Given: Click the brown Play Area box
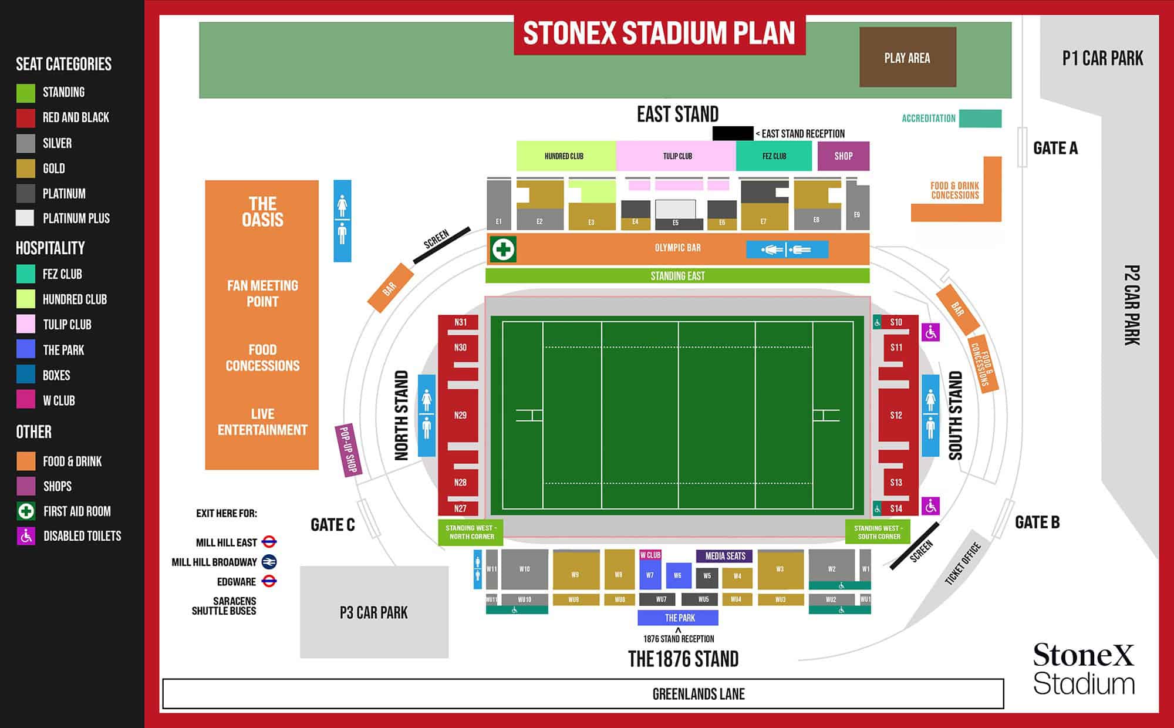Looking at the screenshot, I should (x=908, y=58).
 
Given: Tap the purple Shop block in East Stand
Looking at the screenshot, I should (x=844, y=156).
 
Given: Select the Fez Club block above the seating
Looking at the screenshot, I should (x=774, y=156).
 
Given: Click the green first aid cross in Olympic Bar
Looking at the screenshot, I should (x=503, y=250).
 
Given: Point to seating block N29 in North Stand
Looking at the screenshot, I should (x=460, y=415).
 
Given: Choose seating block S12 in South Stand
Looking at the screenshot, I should (x=896, y=415).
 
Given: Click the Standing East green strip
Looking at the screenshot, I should (x=677, y=276).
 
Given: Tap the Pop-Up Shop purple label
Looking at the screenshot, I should (x=348, y=450).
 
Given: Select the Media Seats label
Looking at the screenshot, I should (x=725, y=556).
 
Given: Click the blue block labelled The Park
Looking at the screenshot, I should (x=679, y=618).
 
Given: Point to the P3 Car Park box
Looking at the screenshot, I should (x=374, y=612).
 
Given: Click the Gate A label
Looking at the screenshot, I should (x=1055, y=149).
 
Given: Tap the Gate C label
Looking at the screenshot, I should (x=333, y=525).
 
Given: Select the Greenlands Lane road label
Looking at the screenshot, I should (x=699, y=694).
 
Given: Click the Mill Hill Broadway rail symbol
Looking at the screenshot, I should (x=269, y=562).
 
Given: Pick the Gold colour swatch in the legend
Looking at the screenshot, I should (x=26, y=168).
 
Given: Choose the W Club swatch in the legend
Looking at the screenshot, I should (x=26, y=400).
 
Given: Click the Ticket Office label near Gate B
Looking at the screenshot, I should (x=963, y=564).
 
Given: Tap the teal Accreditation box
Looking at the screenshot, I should (x=980, y=119).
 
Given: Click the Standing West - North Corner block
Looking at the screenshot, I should (x=471, y=532).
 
